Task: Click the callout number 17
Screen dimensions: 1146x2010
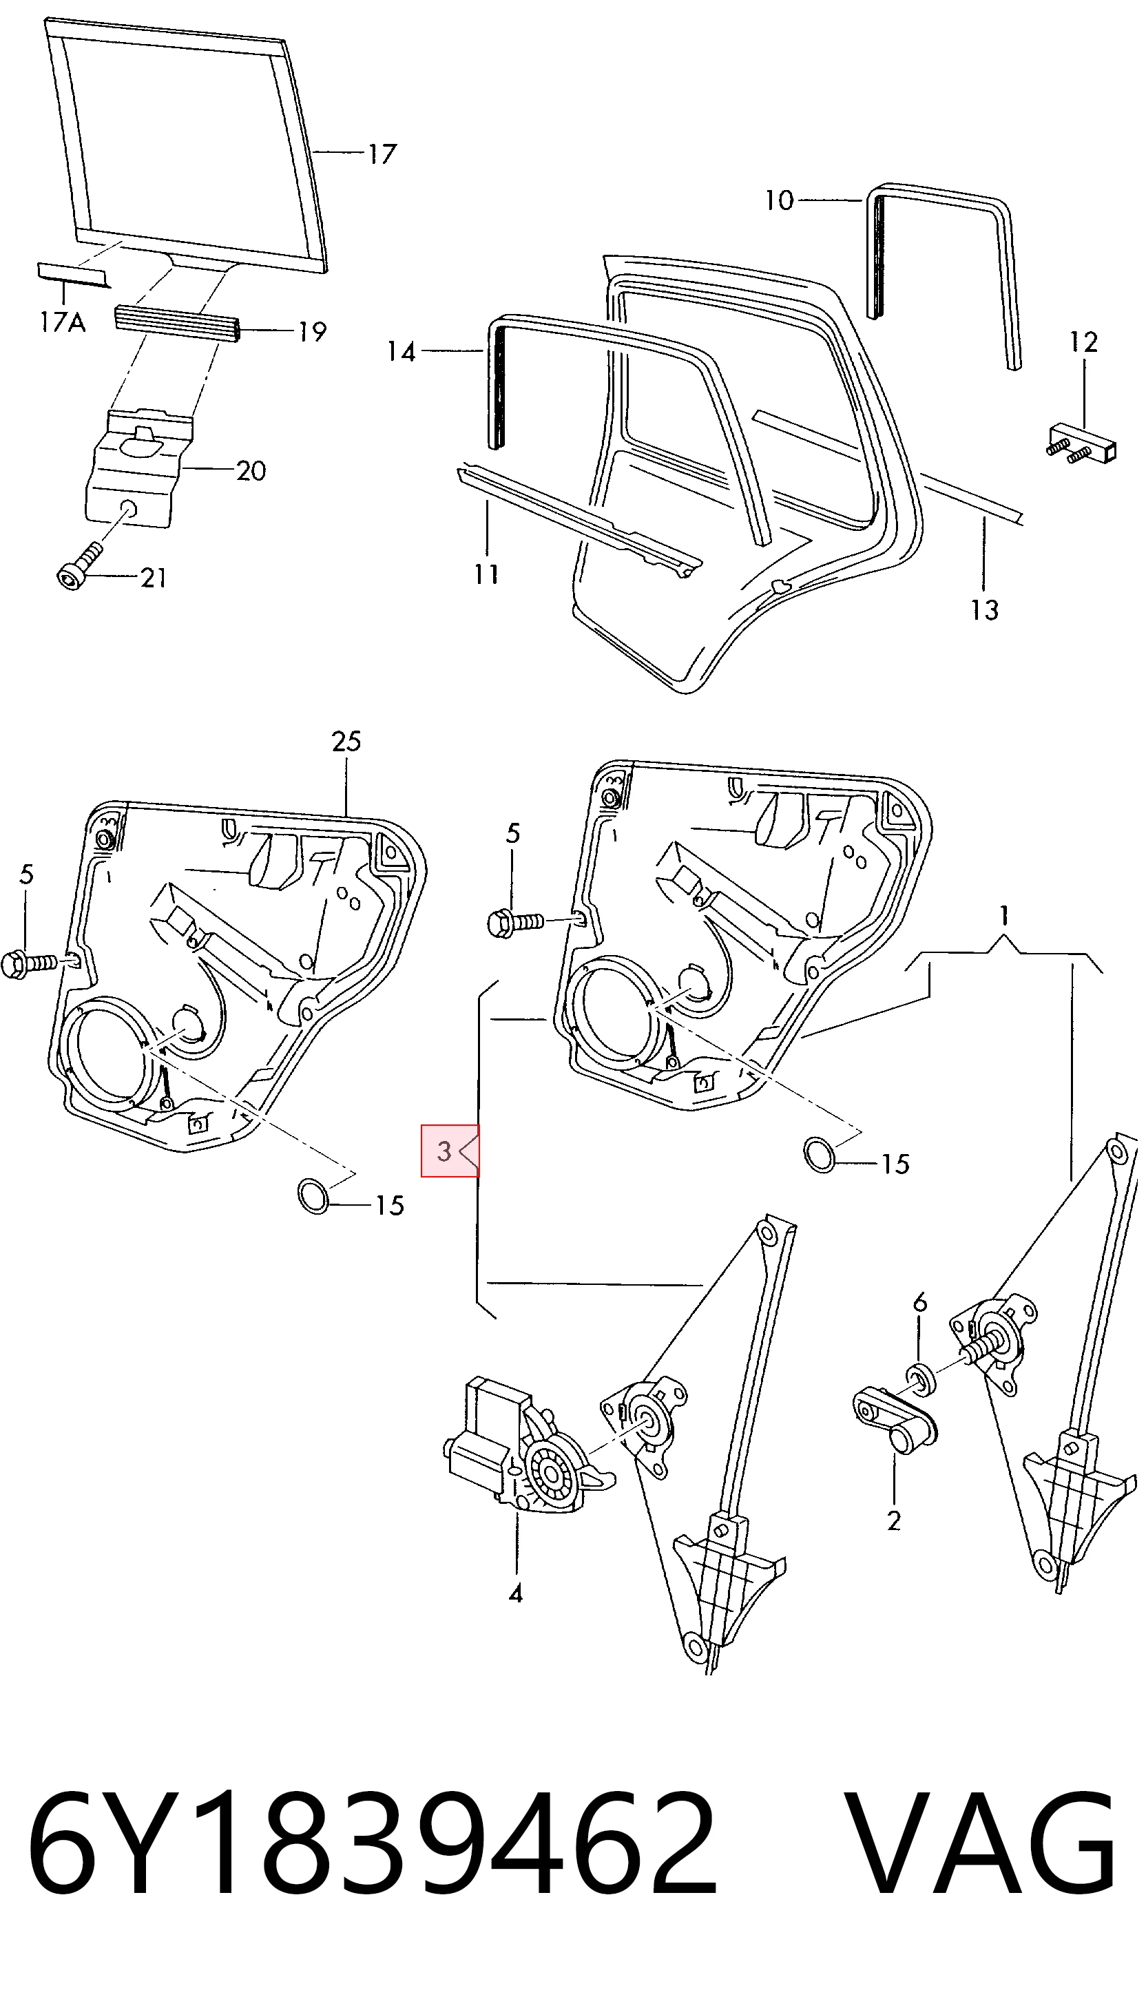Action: coord(382,154)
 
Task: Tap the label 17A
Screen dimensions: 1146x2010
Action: coord(63,322)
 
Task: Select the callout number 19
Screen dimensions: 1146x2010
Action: coord(312,332)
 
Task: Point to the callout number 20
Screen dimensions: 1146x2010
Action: coord(251,471)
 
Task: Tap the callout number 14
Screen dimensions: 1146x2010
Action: coord(402,352)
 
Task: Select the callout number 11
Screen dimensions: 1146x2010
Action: coord(486,575)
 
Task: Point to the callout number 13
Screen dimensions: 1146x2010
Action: coord(984,611)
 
